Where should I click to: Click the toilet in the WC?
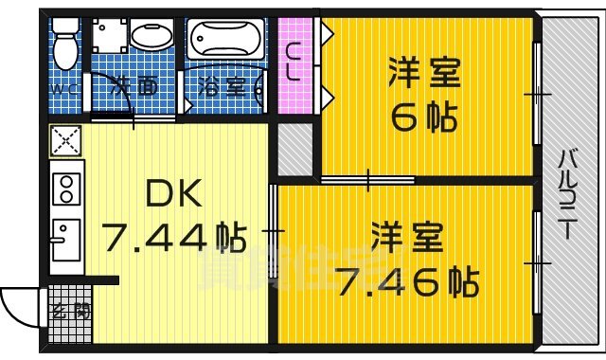65,43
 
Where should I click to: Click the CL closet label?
295,63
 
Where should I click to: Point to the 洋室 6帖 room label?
424,95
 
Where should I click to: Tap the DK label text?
173,195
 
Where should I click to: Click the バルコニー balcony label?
569,203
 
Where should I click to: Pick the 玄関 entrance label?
70,309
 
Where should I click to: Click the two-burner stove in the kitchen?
67,189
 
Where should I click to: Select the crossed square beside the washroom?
67,142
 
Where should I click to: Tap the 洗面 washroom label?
134,88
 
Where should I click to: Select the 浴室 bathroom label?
223,88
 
